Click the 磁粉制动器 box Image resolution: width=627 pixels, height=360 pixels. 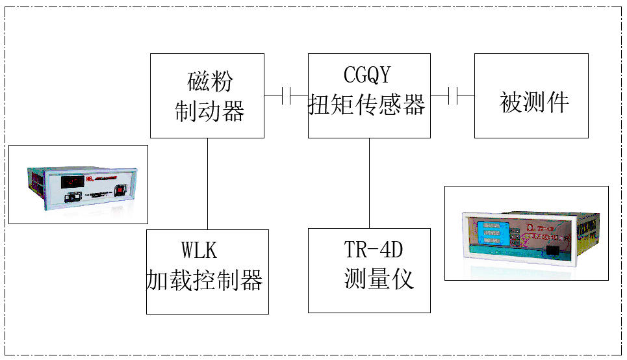[207, 96]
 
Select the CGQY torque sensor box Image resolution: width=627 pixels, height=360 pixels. [368, 96]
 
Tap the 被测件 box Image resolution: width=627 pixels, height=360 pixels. [531, 96]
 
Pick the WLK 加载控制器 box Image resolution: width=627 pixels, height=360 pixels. [207, 272]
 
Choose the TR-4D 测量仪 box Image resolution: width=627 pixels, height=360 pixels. [368, 270]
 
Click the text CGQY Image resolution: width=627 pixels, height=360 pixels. [368, 75]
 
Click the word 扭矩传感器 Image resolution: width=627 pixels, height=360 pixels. [368, 106]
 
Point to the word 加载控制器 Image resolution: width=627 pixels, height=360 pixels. [204, 281]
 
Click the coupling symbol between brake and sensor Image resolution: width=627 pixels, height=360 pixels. [286, 96]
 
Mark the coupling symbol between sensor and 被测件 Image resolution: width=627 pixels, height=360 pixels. [453, 96]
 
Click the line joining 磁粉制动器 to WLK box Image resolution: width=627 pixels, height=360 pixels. [207, 183]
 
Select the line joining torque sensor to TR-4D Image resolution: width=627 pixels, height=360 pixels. [369, 183]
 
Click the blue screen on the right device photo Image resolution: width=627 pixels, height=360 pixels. [490, 233]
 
